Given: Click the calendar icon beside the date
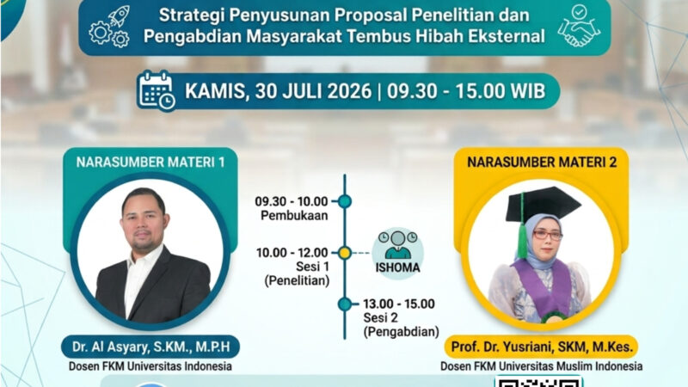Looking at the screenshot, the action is pos(157,90).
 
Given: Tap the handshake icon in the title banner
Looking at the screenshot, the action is pos(579,26).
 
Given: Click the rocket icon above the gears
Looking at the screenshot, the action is pos(119,16).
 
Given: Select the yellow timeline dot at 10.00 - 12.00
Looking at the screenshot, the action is pos(345,253).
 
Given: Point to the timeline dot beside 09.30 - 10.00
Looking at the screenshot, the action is pos(345,201).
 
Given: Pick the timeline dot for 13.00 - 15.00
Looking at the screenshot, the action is pos(345,304).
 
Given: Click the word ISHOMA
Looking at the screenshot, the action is pos(397,267).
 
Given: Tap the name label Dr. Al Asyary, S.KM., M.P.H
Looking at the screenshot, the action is pos(151,347).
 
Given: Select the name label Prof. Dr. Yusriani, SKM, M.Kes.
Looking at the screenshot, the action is pos(543,347).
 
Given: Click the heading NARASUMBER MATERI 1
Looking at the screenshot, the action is pos(150,163).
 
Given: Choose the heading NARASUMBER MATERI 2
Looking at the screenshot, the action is pos(542,163).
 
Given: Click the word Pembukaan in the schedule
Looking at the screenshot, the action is pos(294,216).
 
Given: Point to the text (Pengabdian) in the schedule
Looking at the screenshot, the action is pos(401,332).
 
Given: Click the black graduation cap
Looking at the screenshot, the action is pos(544,205).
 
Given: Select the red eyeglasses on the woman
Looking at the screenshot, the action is pos(548,235).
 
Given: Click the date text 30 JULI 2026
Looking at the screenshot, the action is pos(313,91).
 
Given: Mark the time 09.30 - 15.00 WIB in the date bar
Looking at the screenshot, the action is pos(466,91).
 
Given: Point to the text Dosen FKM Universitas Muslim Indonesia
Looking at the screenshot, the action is pos(542,366).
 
